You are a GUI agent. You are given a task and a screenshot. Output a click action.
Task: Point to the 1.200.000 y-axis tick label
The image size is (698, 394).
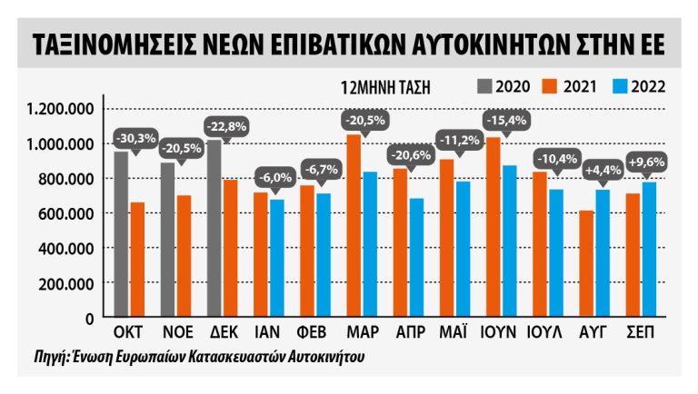(x=61, y=109)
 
